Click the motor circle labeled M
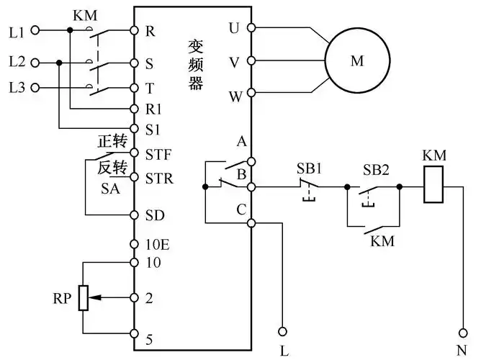pyautogui.click(x=357, y=62)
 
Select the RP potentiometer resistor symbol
pyautogui.click(x=84, y=297)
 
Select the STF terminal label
pyautogui.click(x=158, y=153)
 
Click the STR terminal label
pyautogui.click(x=158, y=178)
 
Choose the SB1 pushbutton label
pyautogui.click(x=310, y=168)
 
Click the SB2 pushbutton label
pyautogui.click(x=375, y=168)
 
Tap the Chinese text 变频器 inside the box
pyautogui.click(x=196, y=62)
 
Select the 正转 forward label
pyautogui.click(x=112, y=143)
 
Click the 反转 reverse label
pyautogui.click(x=112, y=167)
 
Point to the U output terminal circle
pyautogui.click(x=251, y=28)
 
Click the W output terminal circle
pyautogui.click(x=251, y=94)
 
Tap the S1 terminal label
pyautogui.click(x=152, y=130)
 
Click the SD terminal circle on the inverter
pyautogui.click(x=134, y=215)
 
